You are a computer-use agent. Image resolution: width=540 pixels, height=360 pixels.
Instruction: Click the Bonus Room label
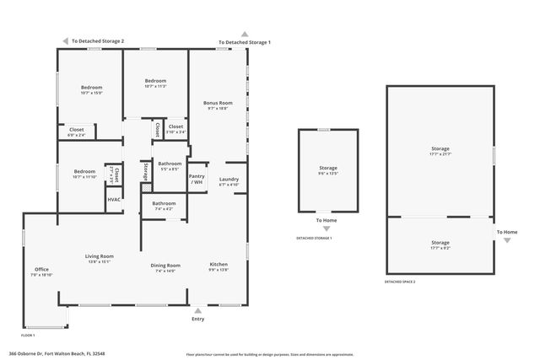click(218, 103)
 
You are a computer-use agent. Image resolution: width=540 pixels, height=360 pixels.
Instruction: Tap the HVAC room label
click(113, 200)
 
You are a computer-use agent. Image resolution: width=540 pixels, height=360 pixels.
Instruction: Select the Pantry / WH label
click(197, 179)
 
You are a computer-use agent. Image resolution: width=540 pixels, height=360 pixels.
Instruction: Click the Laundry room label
click(229, 179)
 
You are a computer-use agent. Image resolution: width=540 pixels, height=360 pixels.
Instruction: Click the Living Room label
click(99, 255)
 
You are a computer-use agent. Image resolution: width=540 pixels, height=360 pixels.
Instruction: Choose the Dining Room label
click(165, 266)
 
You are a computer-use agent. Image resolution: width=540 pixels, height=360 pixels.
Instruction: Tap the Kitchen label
click(219, 266)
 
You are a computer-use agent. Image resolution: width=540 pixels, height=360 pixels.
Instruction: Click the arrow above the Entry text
click(197, 309)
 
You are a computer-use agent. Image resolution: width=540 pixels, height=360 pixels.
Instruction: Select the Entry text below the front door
click(197, 319)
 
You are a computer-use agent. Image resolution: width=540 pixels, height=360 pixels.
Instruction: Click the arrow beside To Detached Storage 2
click(65, 40)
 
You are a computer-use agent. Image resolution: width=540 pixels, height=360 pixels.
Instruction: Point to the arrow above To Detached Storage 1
click(245, 34)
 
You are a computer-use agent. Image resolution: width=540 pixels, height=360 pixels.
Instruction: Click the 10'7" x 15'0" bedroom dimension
click(91, 93)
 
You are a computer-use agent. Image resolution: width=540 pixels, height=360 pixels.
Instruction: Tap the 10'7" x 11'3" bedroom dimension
click(155, 86)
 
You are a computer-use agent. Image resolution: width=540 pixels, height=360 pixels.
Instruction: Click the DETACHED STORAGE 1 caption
click(314, 239)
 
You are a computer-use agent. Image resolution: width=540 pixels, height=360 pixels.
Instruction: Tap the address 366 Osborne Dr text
click(57, 354)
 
